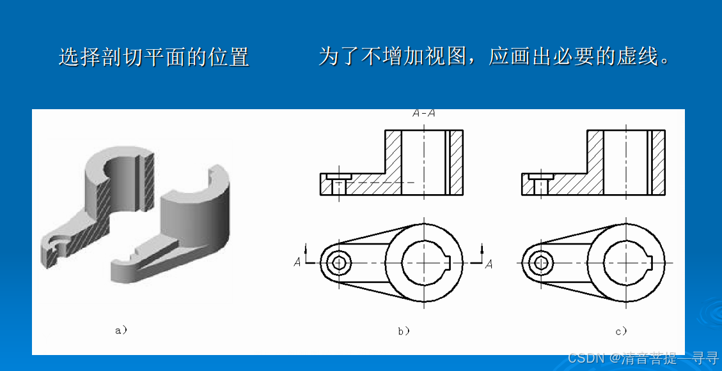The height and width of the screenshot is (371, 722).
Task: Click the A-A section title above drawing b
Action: (424, 113)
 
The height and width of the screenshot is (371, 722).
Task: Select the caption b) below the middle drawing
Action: (404, 331)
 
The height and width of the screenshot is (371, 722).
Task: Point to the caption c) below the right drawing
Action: (621, 331)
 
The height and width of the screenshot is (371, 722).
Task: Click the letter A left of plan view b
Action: (297, 262)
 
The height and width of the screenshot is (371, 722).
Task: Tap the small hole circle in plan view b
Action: (340, 263)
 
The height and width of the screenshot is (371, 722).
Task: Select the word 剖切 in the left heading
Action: (114, 57)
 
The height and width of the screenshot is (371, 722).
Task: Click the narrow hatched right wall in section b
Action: (457, 162)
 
